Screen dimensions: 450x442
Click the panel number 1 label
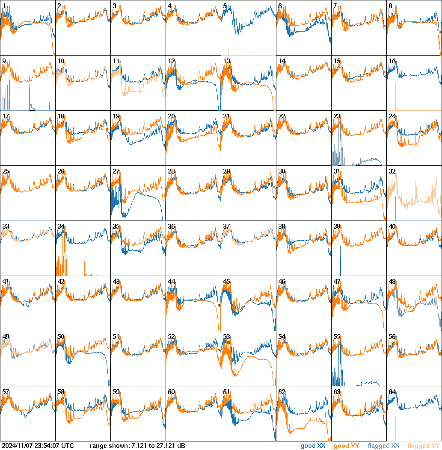pos(4,6)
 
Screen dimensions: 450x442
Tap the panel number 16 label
pos(392,61)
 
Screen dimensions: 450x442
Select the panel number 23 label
pos(337,116)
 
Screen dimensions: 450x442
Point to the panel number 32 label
pos(392,171)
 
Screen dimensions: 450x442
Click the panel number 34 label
pos(61,226)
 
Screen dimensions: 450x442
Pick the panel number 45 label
pos(227,282)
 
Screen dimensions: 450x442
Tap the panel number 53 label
pos(227,337)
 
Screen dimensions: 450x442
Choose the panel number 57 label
pos(6,392)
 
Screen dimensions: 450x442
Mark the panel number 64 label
pos(392,392)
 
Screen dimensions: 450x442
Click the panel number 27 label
pos(116,171)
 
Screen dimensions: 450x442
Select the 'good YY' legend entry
pos(347,446)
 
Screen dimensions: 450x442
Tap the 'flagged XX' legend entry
pos(384,446)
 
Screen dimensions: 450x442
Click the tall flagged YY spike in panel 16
pos(396,96)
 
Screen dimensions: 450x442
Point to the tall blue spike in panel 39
pos(340,261)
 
